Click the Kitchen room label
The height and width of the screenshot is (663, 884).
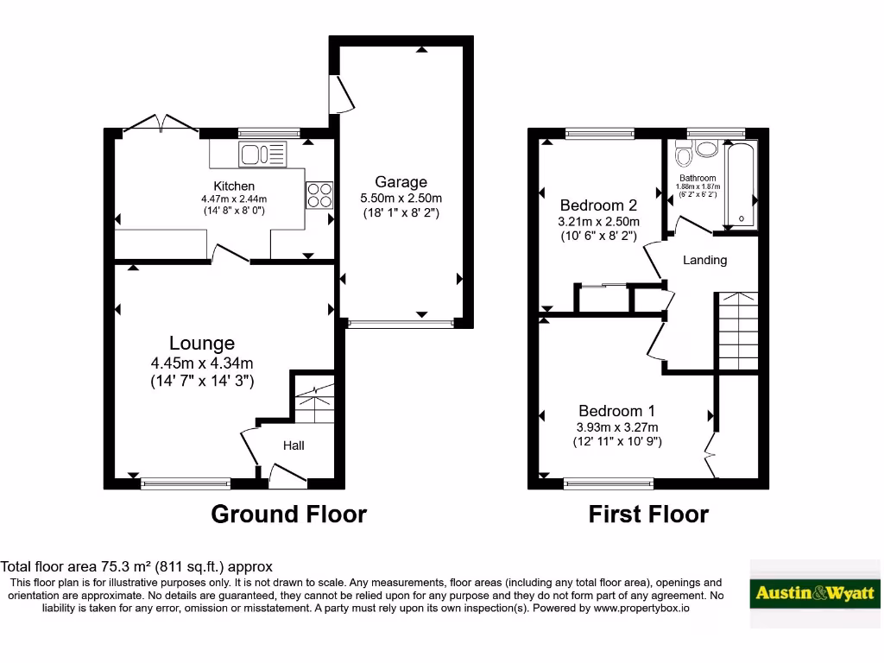(234, 186)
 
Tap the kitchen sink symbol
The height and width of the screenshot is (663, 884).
(263, 155)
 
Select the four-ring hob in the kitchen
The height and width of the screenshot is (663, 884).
(319, 194)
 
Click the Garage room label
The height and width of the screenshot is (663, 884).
(401, 182)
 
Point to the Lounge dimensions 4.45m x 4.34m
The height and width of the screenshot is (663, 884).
(202, 363)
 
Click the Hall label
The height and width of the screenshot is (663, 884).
(294, 445)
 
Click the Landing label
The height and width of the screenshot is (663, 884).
(705, 260)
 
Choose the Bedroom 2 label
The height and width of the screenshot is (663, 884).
(598, 205)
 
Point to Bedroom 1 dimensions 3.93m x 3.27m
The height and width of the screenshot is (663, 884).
(617, 427)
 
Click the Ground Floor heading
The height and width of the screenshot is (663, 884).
(288, 515)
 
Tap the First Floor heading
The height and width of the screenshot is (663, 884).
(648, 515)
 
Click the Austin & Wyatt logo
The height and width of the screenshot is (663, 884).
(815, 593)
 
